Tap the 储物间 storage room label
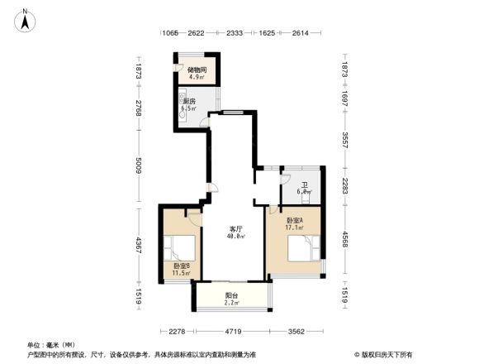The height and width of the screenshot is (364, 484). click(197, 70)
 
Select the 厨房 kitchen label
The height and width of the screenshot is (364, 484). click(189, 102)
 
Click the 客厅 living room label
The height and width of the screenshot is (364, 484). click(235, 229)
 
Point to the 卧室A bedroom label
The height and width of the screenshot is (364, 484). click(295, 221)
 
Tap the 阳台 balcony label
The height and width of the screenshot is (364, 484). click(232, 296)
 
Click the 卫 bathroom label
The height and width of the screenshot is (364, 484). click(305, 185)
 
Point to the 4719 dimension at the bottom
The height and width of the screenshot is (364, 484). click(233, 332)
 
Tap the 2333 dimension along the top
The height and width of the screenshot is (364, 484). click(234, 33)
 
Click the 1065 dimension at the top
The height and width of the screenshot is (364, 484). click(170, 33)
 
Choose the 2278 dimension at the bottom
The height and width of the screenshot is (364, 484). click(176, 332)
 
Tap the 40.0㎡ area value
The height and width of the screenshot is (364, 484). click(235, 237)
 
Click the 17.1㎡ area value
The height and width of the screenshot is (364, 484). click(295, 228)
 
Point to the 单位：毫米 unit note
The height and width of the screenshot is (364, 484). click(52, 345)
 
